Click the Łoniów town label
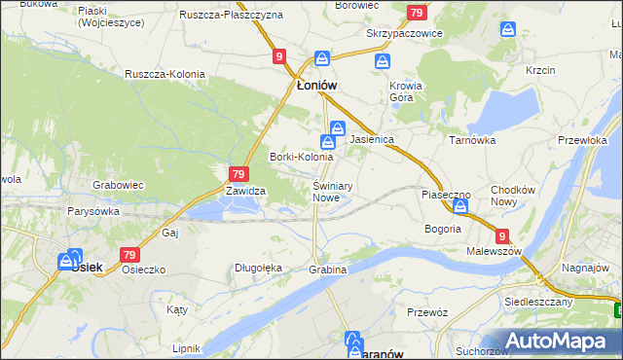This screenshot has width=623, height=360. (316, 86)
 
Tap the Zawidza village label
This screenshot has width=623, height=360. (246, 192)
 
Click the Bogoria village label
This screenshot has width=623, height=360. (442, 229)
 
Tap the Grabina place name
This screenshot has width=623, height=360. (327, 269)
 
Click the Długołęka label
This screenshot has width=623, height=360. (258, 268)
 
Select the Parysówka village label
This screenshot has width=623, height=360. (93, 210)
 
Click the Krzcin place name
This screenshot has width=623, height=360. (540, 71)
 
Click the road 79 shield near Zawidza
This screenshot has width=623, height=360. (237, 174)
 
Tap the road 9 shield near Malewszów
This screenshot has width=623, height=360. (501, 235)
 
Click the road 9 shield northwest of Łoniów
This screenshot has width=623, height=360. (280, 57)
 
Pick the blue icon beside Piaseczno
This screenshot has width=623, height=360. (460, 206)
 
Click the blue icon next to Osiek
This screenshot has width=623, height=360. (69, 261)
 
